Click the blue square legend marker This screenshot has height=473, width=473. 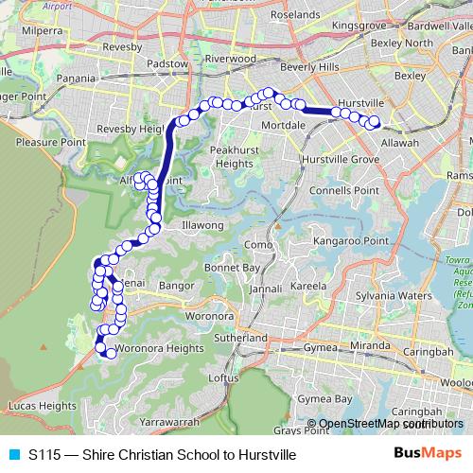[12, 454]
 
